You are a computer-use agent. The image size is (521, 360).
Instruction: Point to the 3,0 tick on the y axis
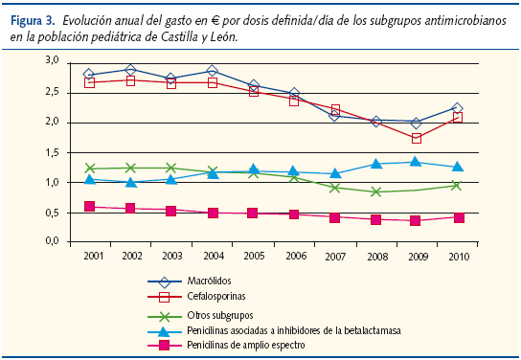[x=51, y=60]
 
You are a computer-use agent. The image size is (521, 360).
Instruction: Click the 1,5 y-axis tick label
[x=51, y=152]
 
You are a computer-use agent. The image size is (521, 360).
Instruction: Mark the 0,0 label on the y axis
[x=51, y=242]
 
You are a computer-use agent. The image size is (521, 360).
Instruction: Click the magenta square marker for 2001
[x=89, y=206]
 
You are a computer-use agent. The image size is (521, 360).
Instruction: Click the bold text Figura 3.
[x=30, y=19]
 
